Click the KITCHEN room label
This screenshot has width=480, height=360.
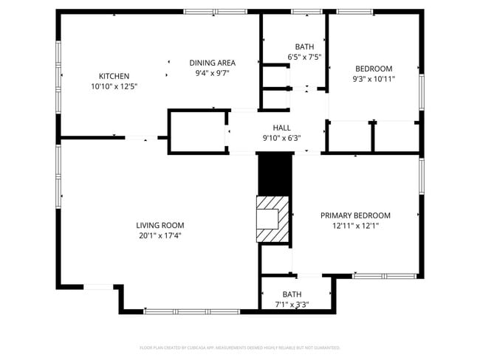114,76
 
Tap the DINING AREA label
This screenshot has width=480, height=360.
213,63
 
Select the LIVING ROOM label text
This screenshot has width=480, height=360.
160,225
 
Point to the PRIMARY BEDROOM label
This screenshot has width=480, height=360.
355,215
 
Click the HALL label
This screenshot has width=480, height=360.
281,128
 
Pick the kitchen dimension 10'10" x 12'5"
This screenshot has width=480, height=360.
114,86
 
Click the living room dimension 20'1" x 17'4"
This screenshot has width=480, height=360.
160,236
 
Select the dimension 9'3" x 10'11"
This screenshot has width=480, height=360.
374,79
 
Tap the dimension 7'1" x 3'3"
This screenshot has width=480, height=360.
292,304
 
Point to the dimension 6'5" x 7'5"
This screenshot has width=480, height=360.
304,57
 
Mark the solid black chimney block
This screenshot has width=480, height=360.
275,174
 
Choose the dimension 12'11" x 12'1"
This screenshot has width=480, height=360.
355,226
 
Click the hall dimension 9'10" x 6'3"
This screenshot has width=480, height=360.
281,138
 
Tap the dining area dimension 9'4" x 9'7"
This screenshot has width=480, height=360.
213,74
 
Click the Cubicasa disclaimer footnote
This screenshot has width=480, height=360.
239,347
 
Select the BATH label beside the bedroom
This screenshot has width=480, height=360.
304,46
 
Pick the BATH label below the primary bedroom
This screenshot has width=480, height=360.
292,294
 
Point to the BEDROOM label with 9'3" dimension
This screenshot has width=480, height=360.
374,69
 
